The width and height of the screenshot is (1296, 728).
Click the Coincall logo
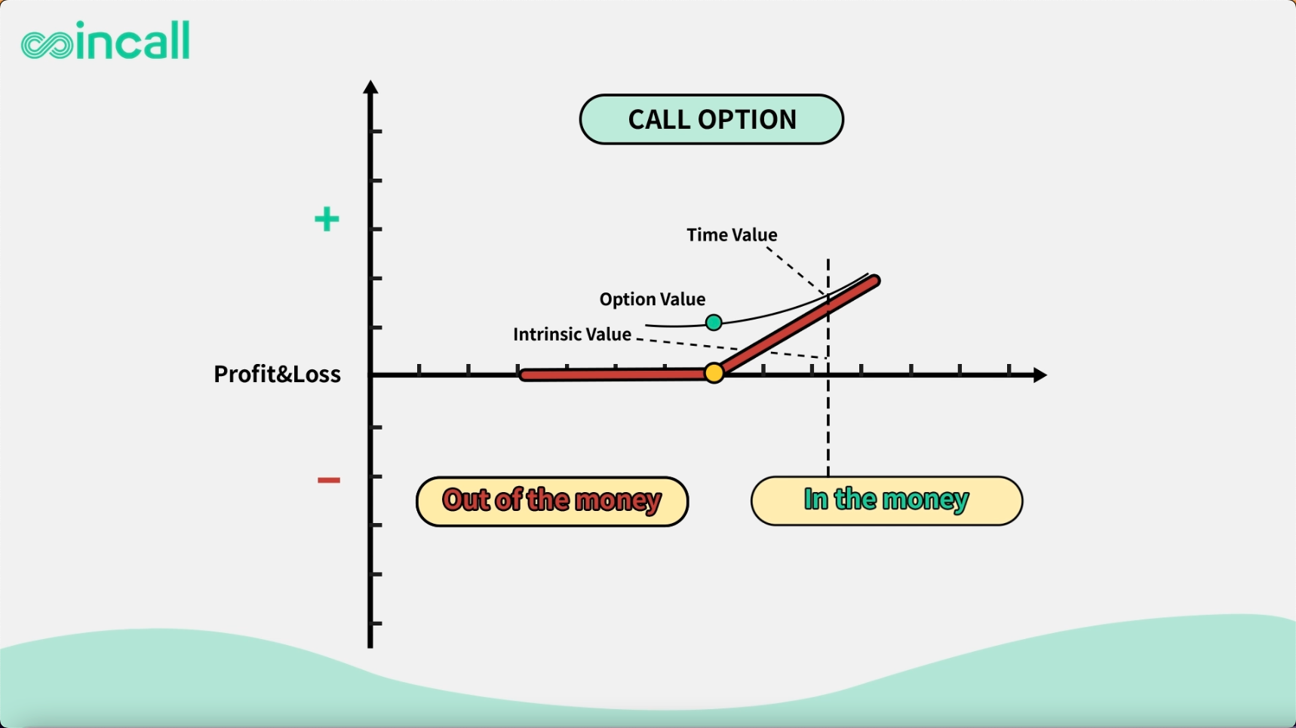tap(106, 41)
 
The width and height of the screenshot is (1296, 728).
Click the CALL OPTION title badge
tap(711, 119)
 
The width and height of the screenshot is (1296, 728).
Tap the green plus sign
tap(327, 219)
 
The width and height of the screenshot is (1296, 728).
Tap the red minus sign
tap(329, 480)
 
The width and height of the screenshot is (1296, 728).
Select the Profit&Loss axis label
tap(277, 374)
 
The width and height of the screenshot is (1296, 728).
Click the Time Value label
tap(732, 235)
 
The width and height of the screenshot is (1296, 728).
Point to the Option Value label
tap(653, 299)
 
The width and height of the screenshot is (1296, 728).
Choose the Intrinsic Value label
tap(572, 334)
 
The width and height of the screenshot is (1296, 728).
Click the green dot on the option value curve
tap(714, 323)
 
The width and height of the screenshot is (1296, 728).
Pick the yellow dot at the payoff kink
tap(714, 372)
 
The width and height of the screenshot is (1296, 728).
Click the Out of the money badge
tap(552, 501)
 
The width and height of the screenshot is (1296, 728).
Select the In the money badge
tap(886, 500)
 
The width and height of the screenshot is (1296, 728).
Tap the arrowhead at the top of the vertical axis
tap(370, 87)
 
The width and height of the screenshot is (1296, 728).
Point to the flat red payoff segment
tap(615, 375)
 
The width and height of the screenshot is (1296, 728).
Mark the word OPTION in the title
tap(747, 119)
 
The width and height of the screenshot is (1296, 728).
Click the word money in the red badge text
tap(618, 501)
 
